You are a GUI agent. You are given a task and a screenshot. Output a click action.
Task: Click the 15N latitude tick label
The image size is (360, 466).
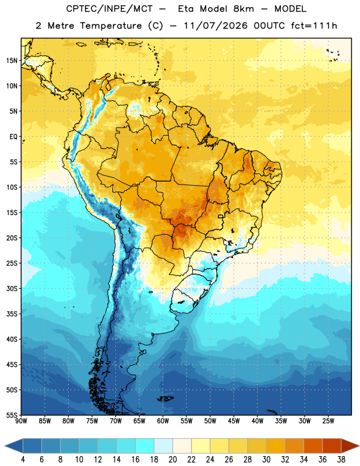12,61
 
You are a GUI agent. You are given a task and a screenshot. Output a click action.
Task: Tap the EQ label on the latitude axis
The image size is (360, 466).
13,137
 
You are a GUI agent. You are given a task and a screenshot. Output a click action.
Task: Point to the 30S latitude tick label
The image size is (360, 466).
12,288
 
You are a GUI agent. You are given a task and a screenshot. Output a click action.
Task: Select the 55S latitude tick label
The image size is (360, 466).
12,415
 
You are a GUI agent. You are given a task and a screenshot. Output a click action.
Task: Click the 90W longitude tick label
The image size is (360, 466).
21,421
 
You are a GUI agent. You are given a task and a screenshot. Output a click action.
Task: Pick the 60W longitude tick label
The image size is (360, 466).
163,421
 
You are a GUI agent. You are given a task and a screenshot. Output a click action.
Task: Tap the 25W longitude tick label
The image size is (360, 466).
328,421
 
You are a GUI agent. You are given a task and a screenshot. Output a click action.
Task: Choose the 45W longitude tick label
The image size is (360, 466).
234,421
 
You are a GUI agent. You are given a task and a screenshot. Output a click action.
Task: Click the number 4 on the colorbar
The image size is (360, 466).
23,460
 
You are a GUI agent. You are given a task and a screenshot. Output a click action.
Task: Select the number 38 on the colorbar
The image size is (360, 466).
341,460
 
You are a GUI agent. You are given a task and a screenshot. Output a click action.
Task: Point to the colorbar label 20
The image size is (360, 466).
172,460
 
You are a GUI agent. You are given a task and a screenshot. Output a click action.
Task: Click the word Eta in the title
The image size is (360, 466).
185,9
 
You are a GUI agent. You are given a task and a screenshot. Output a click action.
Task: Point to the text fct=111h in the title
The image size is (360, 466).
314,26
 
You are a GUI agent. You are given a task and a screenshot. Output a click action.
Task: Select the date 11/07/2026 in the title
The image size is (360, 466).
216,26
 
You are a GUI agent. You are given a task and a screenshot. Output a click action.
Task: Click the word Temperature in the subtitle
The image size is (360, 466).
111,26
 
